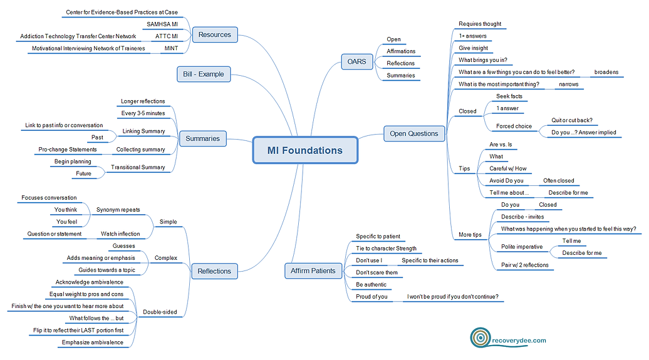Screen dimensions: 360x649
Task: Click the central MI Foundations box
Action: click(x=305, y=150)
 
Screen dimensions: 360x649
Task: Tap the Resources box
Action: click(x=215, y=34)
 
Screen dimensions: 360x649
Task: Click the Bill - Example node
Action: click(x=204, y=74)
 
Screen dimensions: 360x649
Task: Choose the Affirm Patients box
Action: click(x=313, y=270)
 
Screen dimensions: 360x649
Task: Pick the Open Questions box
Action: click(x=414, y=133)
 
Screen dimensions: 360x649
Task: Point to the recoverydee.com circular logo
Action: click(x=480, y=339)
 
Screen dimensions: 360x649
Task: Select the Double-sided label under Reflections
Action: click(x=159, y=312)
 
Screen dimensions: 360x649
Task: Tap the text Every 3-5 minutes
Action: click(x=143, y=113)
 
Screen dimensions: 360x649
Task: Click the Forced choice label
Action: click(x=514, y=126)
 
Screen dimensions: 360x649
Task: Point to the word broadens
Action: click(x=606, y=72)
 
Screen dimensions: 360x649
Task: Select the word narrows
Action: click(x=568, y=84)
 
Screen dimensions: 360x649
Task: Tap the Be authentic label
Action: click(x=371, y=284)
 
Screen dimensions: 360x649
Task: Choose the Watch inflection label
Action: click(x=120, y=234)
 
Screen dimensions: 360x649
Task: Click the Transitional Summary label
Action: click(x=138, y=167)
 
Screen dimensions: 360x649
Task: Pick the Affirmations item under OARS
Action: click(x=401, y=51)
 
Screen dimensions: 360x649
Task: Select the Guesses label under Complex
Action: click(x=123, y=246)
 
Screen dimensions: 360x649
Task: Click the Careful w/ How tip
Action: click(x=508, y=168)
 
